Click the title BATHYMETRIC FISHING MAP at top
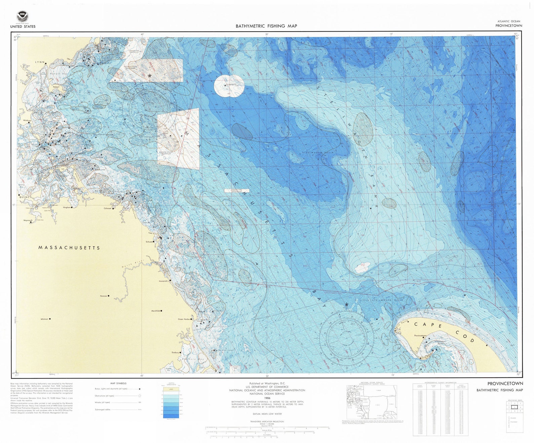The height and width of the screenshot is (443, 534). pos(266,26)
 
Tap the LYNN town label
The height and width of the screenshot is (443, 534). pos(40,63)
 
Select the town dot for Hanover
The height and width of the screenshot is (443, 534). pos(109,296)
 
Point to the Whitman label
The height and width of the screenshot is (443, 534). pos(44,319)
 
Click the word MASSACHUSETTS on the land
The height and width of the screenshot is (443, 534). pos(69,248)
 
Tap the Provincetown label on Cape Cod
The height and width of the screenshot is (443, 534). pos(420,335)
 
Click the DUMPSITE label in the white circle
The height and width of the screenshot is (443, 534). pos(231,85)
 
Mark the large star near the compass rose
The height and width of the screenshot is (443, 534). pos(346,305)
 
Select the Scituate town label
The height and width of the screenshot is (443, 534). pos(149,242)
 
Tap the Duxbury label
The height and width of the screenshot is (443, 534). pos(175,353)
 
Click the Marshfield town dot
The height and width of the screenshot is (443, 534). pos(161,311)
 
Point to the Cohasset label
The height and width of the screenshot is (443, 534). pos(108,208)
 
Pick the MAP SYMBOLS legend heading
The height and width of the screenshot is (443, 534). pos(118,383)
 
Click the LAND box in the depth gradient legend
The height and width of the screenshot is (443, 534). pos(171,389)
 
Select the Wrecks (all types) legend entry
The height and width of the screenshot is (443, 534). pos(103,402)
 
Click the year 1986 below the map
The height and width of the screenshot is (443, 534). pos(267,398)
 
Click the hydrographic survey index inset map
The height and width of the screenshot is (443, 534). pos(372,402)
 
